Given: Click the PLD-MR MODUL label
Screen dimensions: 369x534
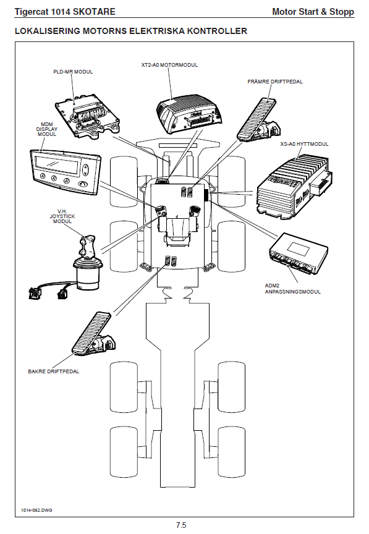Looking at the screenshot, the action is pos(73,72).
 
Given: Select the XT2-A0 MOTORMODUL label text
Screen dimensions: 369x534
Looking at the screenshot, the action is pos(169,65).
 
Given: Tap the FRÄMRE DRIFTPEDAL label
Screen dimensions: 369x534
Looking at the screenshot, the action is pos(275,82).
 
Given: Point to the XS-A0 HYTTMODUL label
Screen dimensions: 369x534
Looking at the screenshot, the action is pos(304,144).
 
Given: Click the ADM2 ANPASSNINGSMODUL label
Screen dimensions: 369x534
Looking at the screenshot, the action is pos(293,289).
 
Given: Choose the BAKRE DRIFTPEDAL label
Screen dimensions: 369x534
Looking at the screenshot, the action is pos(54,371).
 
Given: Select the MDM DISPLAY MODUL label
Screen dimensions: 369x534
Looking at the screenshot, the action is pos(47,129).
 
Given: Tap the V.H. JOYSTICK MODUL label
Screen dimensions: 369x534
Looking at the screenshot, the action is pos(62,216).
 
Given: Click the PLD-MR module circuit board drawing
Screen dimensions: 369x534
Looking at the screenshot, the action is pos(88,116).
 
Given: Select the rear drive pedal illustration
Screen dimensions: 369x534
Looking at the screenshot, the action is pos(93,335).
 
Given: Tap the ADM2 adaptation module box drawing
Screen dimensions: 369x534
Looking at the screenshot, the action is pos(299,252).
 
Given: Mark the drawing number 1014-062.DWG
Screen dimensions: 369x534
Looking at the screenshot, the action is pos(36,510).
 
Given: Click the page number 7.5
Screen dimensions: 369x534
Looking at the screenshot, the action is pos(181,525).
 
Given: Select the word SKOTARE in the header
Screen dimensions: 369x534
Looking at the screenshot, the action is pos(95,12).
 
